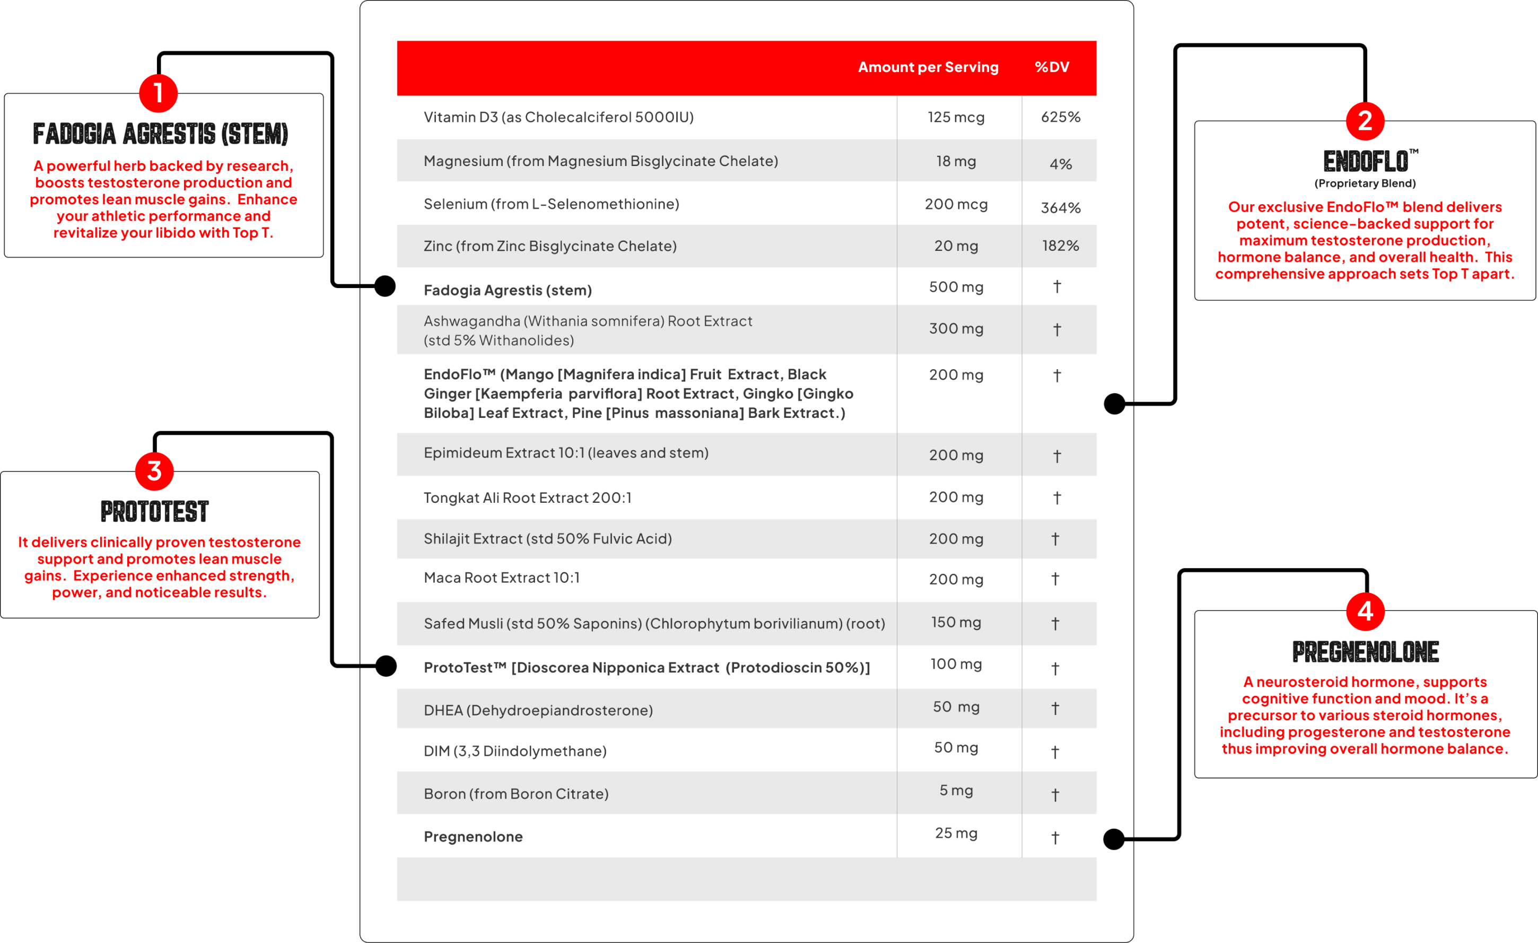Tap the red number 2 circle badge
(1365, 121)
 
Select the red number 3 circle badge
(154, 471)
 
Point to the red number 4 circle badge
(1365, 611)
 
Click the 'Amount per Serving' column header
(928, 67)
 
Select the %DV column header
(1052, 67)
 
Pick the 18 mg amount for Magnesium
(956, 161)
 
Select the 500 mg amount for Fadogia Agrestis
(956, 287)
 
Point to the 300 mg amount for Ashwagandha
(956, 329)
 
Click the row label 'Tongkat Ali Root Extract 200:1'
(528, 498)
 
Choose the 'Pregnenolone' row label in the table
(473, 837)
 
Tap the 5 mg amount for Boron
(956, 791)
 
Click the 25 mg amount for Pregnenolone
(956, 833)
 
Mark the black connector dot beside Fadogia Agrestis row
(385, 286)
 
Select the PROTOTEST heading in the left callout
(155, 512)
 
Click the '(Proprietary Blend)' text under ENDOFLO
(1365, 184)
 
